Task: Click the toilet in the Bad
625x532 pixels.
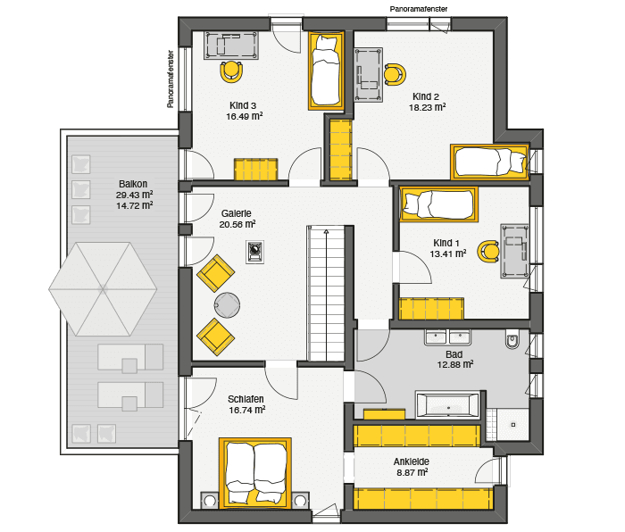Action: coord(512,339)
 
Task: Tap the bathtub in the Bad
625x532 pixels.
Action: coord(447,405)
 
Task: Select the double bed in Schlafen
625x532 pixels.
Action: coord(255,474)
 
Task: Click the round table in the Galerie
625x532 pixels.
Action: coord(227,305)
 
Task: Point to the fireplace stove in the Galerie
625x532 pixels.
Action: coord(254,252)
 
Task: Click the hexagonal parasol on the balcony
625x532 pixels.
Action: coord(103,289)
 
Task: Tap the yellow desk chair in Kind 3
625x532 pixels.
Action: coord(231,71)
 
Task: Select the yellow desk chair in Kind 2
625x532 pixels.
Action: coord(395,74)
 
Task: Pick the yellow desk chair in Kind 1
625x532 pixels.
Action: coord(488,252)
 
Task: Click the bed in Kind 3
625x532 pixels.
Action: coord(326,71)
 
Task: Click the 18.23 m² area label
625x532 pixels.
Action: coord(427,108)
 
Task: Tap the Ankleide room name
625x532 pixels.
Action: coord(412,461)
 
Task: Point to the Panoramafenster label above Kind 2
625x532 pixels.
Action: coord(419,9)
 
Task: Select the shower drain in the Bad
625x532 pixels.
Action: coord(513,425)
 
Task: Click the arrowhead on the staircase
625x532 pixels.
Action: coord(326,231)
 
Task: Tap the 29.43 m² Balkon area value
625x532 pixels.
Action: coord(134,195)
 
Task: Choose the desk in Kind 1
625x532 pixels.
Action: coord(515,251)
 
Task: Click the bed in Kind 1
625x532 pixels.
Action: coord(439,204)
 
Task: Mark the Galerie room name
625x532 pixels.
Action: coord(237,213)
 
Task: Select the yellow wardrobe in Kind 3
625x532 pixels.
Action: coord(255,170)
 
